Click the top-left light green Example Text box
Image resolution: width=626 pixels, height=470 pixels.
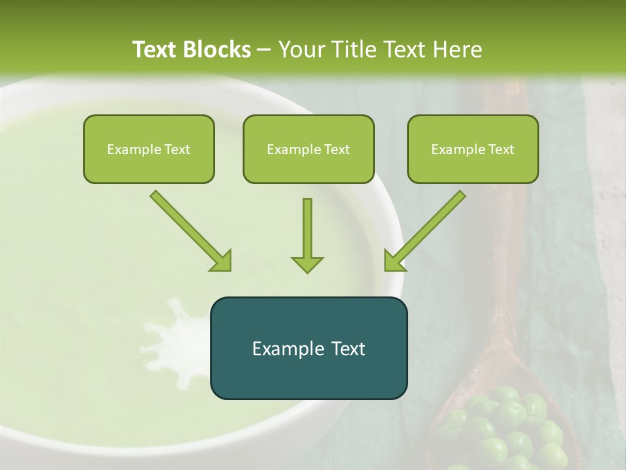(x=149, y=149)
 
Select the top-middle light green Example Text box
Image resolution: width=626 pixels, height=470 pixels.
(x=308, y=149)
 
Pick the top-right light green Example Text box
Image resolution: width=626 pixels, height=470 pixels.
(x=473, y=149)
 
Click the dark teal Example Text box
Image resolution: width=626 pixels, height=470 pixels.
(x=308, y=348)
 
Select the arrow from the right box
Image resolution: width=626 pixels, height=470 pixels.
(x=427, y=228)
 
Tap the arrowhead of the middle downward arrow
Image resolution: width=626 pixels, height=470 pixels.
(x=307, y=264)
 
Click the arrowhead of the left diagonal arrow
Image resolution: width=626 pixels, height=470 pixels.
(x=222, y=261)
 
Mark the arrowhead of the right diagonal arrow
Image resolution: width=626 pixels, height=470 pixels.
(x=394, y=261)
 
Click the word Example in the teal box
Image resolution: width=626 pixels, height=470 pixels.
(x=284, y=348)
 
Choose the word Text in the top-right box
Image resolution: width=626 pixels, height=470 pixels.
(x=501, y=149)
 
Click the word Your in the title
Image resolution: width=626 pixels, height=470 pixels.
(x=301, y=50)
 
